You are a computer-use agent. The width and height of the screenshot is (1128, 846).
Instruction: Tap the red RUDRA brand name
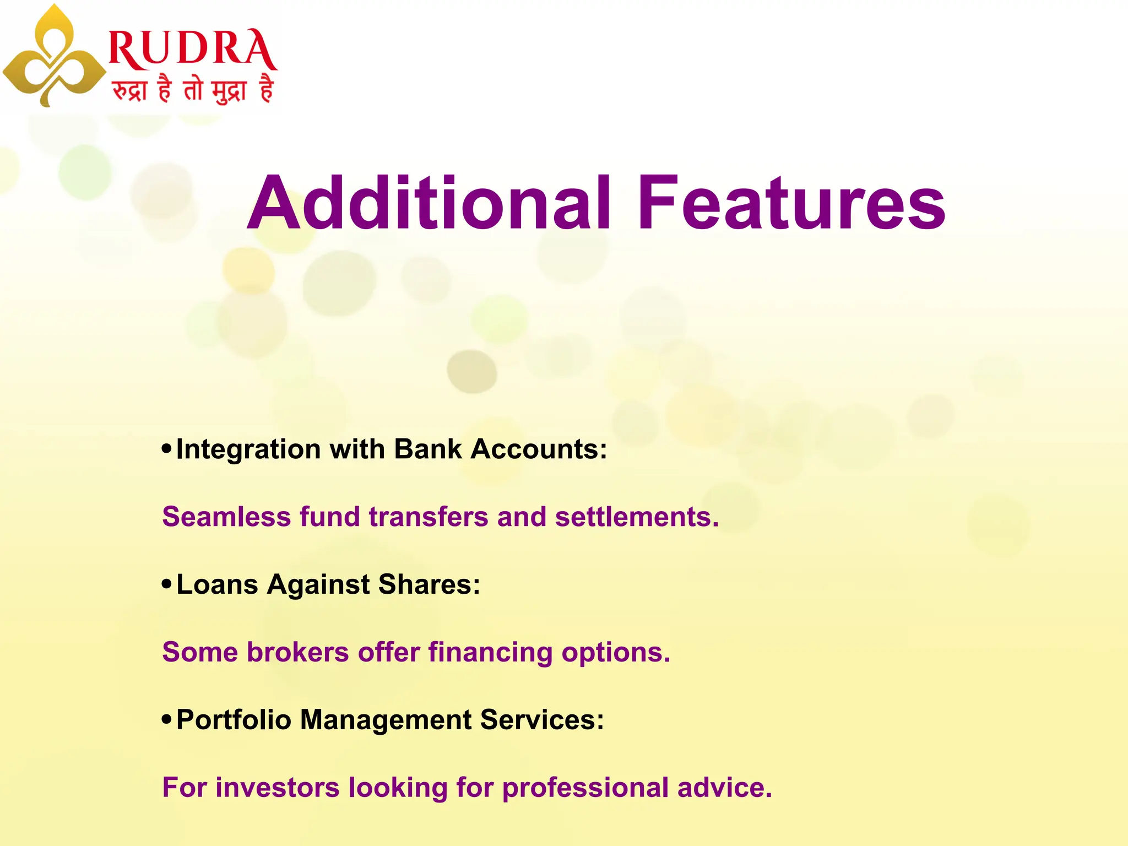click(x=193, y=50)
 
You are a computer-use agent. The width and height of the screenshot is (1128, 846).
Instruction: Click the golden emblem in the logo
click(x=54, y=58)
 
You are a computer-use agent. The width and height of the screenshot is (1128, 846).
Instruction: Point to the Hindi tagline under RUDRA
click(x=193, y=89)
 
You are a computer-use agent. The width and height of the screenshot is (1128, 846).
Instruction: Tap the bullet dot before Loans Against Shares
click(x=167, y=584)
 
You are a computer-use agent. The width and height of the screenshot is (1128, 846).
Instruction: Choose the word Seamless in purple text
click(x=226, y=517)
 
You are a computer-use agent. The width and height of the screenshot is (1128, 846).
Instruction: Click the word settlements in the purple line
click(x=637, y=517)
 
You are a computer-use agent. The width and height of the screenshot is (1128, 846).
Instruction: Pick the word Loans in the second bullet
click(x=217, y=584)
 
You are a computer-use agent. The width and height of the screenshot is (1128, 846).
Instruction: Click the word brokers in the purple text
click(x=297, y=652)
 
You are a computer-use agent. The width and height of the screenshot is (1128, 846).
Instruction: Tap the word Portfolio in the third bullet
click(x=234, y=720)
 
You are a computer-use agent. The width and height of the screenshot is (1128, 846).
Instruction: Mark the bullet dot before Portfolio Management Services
click(x=167, y=719)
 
